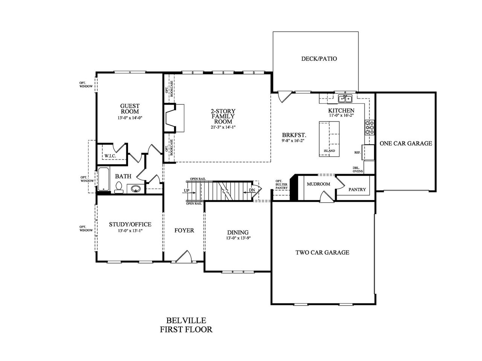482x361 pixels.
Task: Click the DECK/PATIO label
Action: (319, 59)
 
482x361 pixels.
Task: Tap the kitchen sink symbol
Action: (345, 99)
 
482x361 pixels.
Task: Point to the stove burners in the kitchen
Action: (369, 127)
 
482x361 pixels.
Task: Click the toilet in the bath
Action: (119, 187)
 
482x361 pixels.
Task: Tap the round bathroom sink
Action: (135, 188)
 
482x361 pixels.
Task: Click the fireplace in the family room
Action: (174, 118)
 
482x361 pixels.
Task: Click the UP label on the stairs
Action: (186, 191)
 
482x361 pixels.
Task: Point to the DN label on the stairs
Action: (252, 191)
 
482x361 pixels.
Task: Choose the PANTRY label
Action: (357, 190)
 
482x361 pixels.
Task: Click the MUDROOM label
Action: (318, 184)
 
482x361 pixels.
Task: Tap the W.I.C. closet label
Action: (110, 156)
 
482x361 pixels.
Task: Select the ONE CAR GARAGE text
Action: (406, 143)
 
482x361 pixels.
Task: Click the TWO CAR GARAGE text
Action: (322, 252)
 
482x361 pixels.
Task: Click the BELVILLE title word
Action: (186, 320)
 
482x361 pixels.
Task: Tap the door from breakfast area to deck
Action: (283, 97)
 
